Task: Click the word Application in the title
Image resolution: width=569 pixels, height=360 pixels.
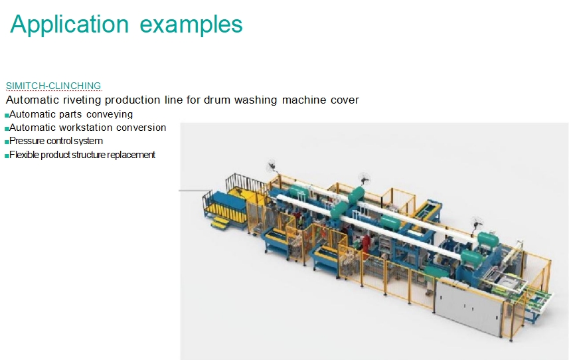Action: (x=69, y=25)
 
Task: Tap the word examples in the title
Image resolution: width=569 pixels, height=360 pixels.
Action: (x=191, y=25)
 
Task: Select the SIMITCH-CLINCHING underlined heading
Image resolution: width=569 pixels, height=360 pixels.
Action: (x=53, y=86)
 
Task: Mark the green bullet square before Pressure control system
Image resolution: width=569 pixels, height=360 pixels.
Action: (x=7, y=142)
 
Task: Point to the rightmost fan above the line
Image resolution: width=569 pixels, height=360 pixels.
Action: (x=477, y=223)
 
